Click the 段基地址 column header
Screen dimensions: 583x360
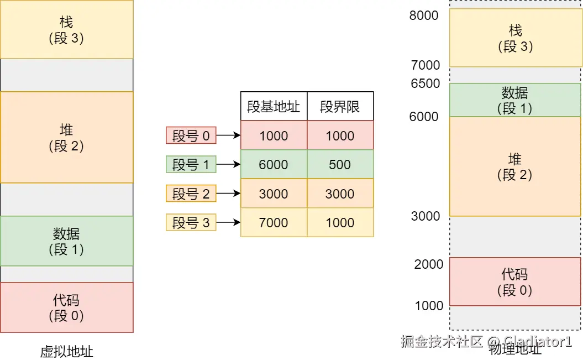pos(274,106)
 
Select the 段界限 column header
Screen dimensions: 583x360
pos(340,106)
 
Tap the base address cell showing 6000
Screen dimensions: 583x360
pos(274,164)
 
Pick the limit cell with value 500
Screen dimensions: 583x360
pos(340,164)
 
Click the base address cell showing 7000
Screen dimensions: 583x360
pos(274,223)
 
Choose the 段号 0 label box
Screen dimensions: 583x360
pos(191,135)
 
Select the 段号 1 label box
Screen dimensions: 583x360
pos(191,164)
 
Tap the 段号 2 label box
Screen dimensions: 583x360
pos(191,194)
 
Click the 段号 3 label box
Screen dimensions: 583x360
pos(191,223)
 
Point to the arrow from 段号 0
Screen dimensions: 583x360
pos(228,135)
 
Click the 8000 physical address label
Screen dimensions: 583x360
pos(424,15)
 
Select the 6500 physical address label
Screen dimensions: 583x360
pos(425,84)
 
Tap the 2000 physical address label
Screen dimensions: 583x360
pos(429,264)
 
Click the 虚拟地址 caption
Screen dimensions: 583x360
pos(66,352)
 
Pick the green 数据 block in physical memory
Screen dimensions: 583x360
pos(514,100)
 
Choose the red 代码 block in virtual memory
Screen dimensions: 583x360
pos(66,307)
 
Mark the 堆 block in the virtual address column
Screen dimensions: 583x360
pos(66,137)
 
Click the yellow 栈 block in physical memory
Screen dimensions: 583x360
pos(514,38)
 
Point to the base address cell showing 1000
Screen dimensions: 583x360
pos(274,135)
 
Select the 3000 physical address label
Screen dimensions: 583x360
pos(426,216)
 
